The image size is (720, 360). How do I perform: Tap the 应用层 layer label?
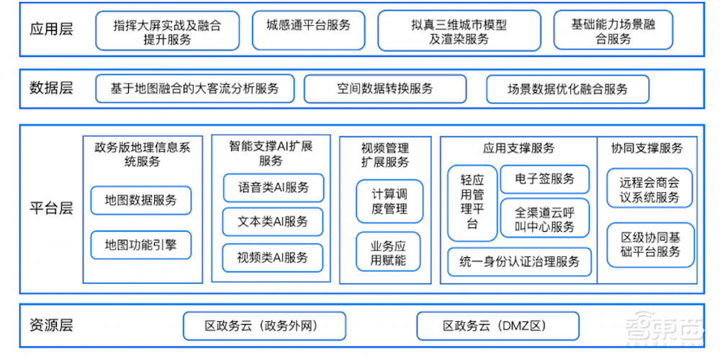pyautogui.click(x=51, y=30)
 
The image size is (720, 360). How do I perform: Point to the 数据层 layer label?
pyautogui.click(x=51, y=89)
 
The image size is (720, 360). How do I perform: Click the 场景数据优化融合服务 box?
pyautogui.click(x=567, y=89)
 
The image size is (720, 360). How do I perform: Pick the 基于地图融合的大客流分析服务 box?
pyautogui.click(x=194, y=89)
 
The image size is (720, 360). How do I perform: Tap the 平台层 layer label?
pyautogui.click(x=51, y=210)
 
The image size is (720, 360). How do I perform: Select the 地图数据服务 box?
pyautogui.click(x=140, y=199)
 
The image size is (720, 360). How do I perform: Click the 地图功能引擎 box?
pyautogui.click(x=140, y=244)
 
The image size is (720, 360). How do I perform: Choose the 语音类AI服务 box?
pyautogui.click(x=273, y=187)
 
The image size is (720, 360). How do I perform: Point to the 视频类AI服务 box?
pyautogui.click(x=273, y=257)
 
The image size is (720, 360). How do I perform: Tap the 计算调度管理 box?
pyautogui.click(x=390, y=201)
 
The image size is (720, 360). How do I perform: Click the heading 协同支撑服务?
pyautogui.click(x=647, y=148)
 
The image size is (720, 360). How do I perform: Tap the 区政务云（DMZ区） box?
pyautogui.click(x=498, y=326)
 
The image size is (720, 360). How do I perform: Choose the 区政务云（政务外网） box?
pyautogui.click(x=264, y=326)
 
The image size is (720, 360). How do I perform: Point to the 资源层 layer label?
pyautogui.click(x=51, y=325)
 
